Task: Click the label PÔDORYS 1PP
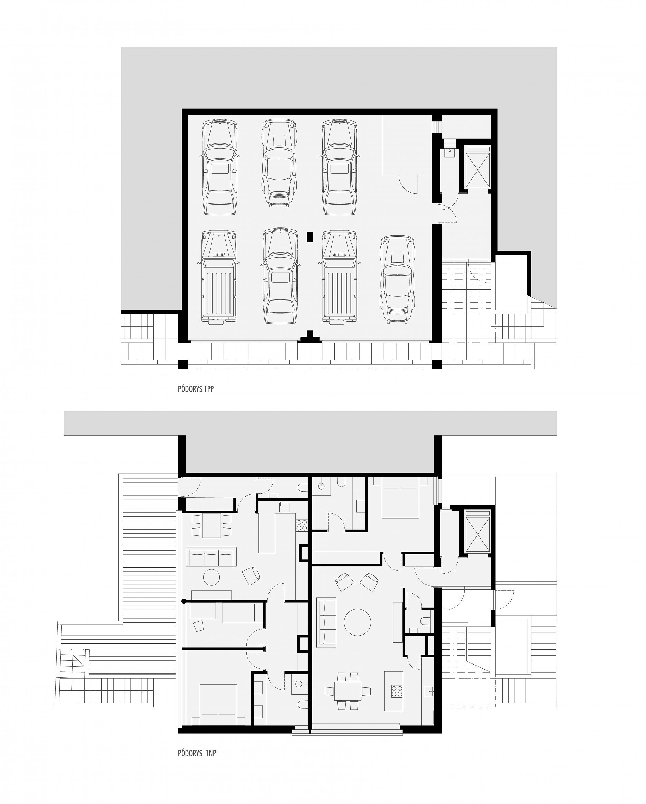tap(196, 389)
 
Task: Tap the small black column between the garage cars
tap(310, 237)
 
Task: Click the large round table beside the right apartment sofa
tap(357, 622)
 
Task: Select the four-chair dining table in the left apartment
tap(211, 526)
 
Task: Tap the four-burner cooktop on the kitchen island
tap(396, 691)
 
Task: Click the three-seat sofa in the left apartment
tap(211, 557)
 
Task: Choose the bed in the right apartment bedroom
tap(400, 497)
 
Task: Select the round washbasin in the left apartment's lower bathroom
tap(298, 684)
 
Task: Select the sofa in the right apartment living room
tap(326, 622)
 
